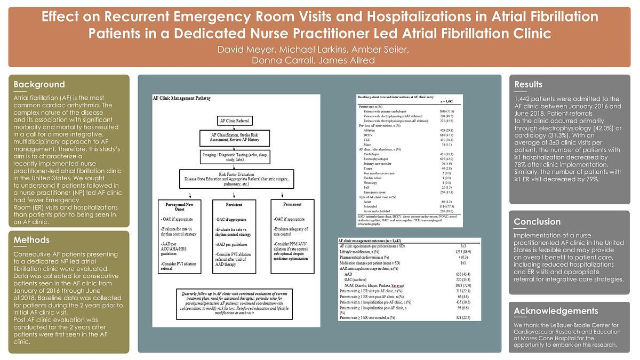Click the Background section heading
coord(39,84)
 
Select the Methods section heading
coord(31,240)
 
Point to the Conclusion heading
coord(537,222)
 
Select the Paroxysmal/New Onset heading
coord(177,206)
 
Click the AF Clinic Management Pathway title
coord(182,99)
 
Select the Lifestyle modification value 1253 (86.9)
coord(462,251)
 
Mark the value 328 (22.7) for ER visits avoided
coord(461,318)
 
